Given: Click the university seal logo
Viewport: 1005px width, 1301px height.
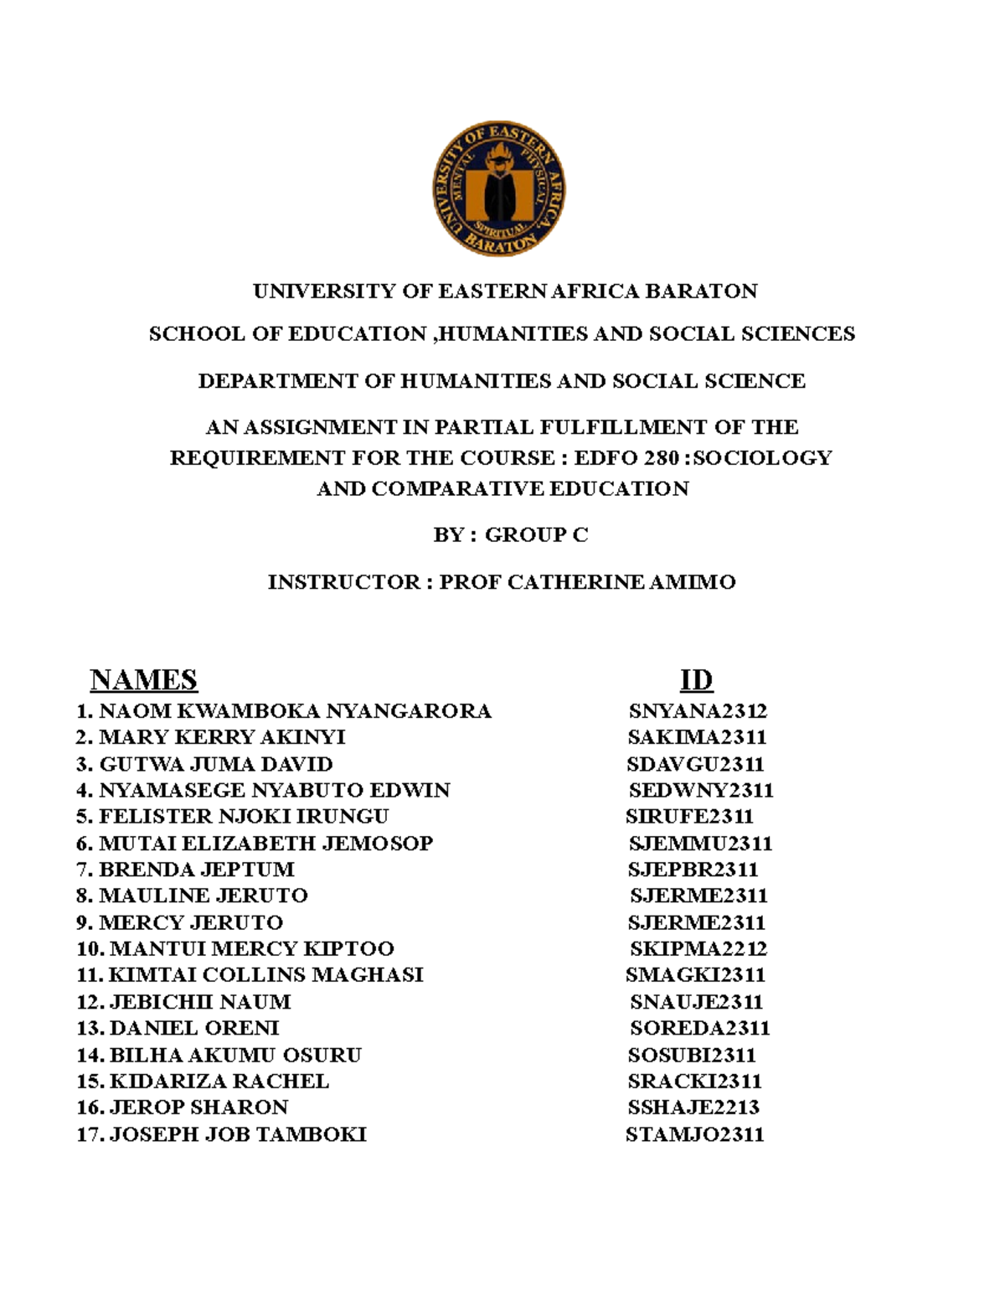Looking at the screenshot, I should tap(499, 188).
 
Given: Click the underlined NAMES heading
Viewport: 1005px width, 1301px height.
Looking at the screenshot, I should tap(143, 679).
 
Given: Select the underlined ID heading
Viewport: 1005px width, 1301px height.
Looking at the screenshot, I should tap(696, 679).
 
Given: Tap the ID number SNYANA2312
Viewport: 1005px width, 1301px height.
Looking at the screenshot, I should tap(698, 711).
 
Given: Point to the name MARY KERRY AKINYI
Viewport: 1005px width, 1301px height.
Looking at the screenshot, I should tap(222, 737).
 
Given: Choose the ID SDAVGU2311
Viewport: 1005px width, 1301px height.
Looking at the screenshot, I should tap(695, 764).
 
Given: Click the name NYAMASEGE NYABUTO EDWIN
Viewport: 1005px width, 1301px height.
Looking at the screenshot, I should tap(274, 790).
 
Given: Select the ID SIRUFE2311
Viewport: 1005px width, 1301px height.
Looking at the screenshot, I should tap(689, 816).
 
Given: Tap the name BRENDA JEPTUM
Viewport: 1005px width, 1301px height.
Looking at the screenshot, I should tap(196, 869).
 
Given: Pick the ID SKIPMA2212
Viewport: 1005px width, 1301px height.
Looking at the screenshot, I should tap(698, 948).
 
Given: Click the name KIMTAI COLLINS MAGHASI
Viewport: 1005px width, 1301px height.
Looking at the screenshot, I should tap(265, 975).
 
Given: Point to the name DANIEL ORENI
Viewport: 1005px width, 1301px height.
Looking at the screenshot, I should tap(194, 1028).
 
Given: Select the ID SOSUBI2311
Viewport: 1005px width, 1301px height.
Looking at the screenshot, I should tap(692, 1055).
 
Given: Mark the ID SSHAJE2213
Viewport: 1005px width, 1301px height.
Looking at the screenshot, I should tap(693, 1107).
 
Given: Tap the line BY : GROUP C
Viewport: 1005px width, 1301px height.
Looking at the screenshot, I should tap(510, 534).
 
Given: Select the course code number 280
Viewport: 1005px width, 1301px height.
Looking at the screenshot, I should tap(661, 458).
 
